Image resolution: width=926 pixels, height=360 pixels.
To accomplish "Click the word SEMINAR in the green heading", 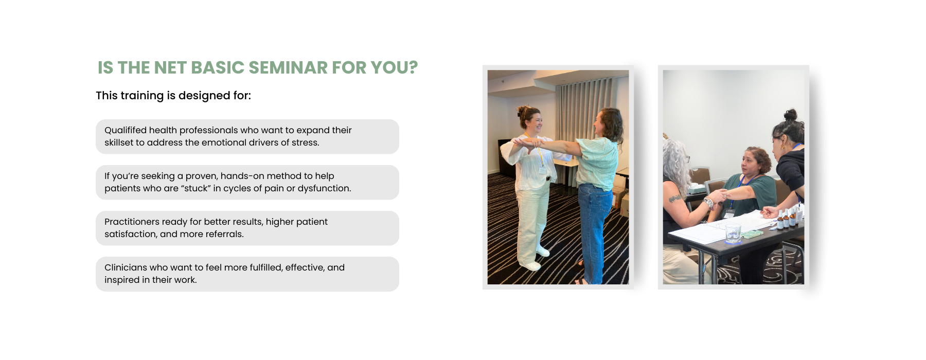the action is click(288, 67).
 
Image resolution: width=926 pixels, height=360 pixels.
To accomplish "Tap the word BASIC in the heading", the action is click(218, 67).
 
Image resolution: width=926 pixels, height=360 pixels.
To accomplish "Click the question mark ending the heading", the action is click(413, 67).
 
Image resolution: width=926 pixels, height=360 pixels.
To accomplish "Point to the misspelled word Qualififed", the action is click(126, 130).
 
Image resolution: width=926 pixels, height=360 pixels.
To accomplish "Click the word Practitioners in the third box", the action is click(132, 222).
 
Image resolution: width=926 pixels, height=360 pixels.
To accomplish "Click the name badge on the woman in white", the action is click(542, 170).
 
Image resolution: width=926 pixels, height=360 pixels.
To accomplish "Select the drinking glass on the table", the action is click(733, 234).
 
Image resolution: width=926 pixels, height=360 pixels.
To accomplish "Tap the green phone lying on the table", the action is click(752, 234).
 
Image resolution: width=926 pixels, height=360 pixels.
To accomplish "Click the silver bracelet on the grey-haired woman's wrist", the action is click(709, 203).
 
